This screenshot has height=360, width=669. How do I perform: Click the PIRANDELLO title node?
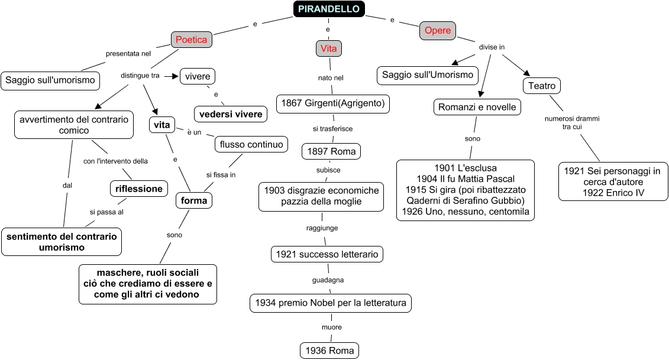pos(329,9)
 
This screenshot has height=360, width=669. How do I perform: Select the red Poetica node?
pos(192,40)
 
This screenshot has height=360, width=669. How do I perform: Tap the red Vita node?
pos(328,48)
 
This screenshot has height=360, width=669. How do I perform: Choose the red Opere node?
pos(438,31)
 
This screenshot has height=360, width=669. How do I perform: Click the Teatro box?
pos(542,86)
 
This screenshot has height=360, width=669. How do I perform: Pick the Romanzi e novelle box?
pos(477,107)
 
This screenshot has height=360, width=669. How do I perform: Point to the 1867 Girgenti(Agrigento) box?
pos(333,103)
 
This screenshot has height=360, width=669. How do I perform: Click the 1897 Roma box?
pos(331,151)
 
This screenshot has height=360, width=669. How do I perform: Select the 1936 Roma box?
pos(329,351)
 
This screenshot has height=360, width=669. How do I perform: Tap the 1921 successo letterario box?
pos(328,254)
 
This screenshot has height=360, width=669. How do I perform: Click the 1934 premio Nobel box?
pos(331,303)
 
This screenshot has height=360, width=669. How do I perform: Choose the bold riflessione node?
pos(139,189)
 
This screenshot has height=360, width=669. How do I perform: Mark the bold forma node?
pos(194,200)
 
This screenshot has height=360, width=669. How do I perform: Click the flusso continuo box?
pos(252,144)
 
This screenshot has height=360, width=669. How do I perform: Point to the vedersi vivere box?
pos(231,114)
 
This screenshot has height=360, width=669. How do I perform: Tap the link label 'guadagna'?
pos(328,280)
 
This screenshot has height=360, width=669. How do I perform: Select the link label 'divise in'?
pos(492,47)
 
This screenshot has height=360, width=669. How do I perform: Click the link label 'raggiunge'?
pos(322,228)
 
